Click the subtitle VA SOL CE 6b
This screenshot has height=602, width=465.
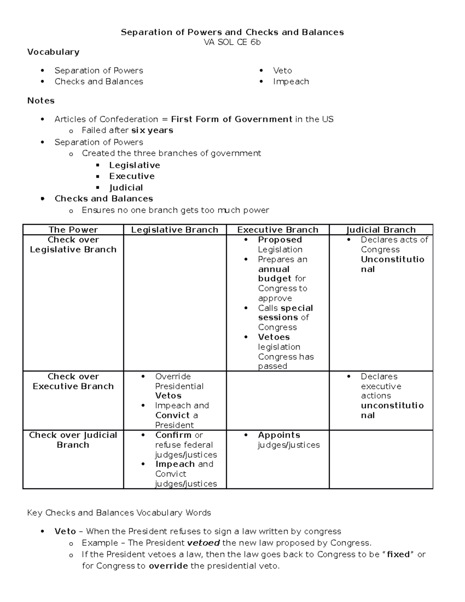[232, 42]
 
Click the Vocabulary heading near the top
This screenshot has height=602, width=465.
[53, 52]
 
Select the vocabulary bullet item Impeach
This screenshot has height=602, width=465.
[291, 81]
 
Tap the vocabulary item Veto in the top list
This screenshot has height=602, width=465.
[282, 71]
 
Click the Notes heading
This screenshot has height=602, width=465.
[41, 101]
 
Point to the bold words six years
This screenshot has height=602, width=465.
[152, 130]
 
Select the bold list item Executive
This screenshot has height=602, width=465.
[132, 176]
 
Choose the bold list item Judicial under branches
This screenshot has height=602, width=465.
[126, 188]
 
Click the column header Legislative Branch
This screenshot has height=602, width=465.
[174, 230]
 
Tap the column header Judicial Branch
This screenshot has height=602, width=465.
[381, 230]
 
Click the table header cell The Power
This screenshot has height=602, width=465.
[73, 230]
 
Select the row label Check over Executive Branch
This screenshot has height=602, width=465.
[73, 381]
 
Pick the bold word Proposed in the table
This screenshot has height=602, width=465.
[280, 240]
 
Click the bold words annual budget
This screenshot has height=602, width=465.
[275, 274]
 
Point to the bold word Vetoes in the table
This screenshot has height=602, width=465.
[274, 337]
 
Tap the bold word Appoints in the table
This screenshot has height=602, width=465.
[279, 435]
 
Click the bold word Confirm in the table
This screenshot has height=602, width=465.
[173, 435]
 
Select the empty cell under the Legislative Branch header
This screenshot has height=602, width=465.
[174, 302]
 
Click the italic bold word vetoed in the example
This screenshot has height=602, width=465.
[203, 543]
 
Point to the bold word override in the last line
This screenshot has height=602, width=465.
[168, 566]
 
